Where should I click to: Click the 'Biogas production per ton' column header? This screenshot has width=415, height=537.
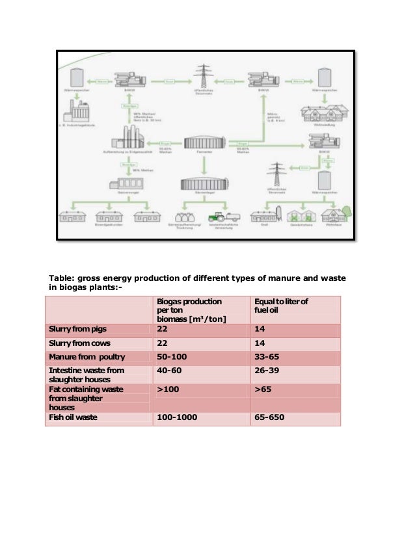188,309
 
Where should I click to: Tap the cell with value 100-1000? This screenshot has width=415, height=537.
176,417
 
